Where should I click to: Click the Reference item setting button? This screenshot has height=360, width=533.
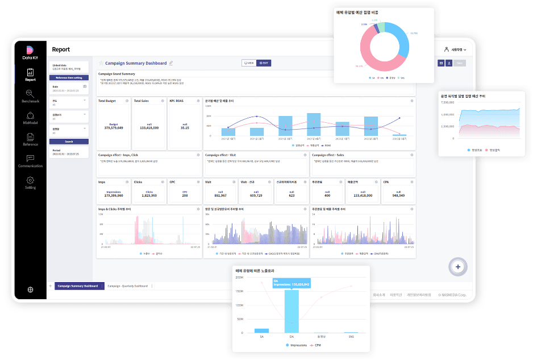pos(69,77)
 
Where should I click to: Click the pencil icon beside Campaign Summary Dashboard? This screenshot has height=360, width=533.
pos(171,63)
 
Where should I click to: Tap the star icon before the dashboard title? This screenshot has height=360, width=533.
pos(101,63)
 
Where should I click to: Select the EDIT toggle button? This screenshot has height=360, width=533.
pos(264,63)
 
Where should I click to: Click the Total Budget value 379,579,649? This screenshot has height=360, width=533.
pos(114,127)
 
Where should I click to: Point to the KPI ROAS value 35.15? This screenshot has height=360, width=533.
pos(185,128)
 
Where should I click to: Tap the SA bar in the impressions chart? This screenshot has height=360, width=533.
pos(262,330)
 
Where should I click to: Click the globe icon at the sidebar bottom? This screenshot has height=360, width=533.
pos(30,289)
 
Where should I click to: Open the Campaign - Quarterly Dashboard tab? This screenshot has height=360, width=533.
pos(128,285)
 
